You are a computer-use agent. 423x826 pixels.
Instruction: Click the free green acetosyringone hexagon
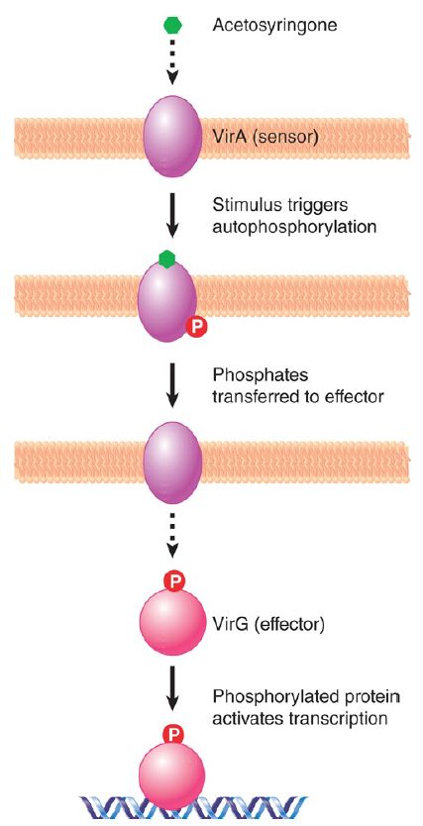click(171, 25)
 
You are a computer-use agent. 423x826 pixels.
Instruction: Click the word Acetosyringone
click(274, 25)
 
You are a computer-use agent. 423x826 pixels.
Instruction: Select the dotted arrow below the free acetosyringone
click(171, 64)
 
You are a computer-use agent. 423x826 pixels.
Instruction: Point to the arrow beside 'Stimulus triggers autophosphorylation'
click(171, 217)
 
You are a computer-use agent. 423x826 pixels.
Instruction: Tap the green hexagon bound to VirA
click(167, 258)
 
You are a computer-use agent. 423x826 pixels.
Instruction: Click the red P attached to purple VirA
click(196, 328)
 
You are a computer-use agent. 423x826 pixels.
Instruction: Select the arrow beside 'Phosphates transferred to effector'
click(171, 383)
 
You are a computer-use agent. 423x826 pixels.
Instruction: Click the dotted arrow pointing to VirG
click(171, 537)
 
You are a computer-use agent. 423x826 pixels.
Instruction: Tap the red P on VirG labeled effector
click(175, 582)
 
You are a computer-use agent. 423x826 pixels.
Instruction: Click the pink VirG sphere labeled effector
click(170, 625)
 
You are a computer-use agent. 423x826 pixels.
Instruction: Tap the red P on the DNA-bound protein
click(173, 734)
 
